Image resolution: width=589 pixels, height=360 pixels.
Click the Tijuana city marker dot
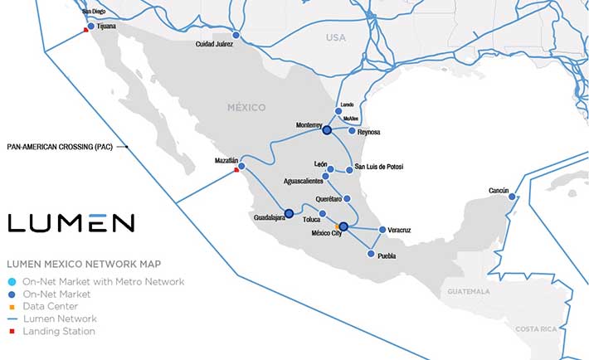[x=90, y=27]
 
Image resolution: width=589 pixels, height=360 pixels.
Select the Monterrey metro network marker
[x=327, y=130]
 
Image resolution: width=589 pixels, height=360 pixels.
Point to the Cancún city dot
[x=512, y=197]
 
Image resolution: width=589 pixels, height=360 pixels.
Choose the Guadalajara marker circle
[x=289, y=213]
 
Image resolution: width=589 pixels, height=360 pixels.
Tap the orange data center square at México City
[x=337, y=225]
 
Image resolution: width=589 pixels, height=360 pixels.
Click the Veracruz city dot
[x=382, y=230]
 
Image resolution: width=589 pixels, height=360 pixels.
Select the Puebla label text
[x=387, y=256]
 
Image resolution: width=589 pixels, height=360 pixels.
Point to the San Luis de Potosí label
[x=379, y=168]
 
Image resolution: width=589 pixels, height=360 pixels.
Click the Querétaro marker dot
[x=347, y=198]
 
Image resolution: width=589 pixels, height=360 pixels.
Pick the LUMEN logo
[x=71, y=222]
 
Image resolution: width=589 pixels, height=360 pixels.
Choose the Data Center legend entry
[x=53, y=306]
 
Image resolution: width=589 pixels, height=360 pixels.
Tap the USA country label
[x=335, y=38]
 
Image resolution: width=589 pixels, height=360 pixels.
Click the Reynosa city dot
[x=353, y=131]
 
